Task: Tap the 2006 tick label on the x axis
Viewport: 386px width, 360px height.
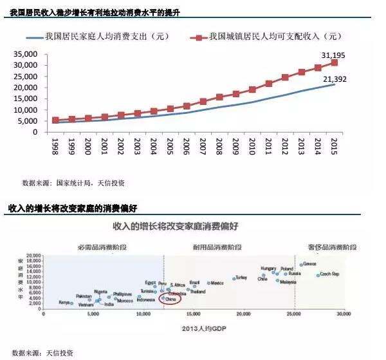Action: (x=187, y=147)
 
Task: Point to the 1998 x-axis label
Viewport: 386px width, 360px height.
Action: (x=56, y=147)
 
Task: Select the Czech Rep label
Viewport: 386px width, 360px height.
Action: (x=330, y=274)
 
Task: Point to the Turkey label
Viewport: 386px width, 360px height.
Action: (x=241, y=278)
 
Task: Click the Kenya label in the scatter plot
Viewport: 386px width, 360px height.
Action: (x=65, y=302)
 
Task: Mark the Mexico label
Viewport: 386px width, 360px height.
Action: (x=217, y=283)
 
